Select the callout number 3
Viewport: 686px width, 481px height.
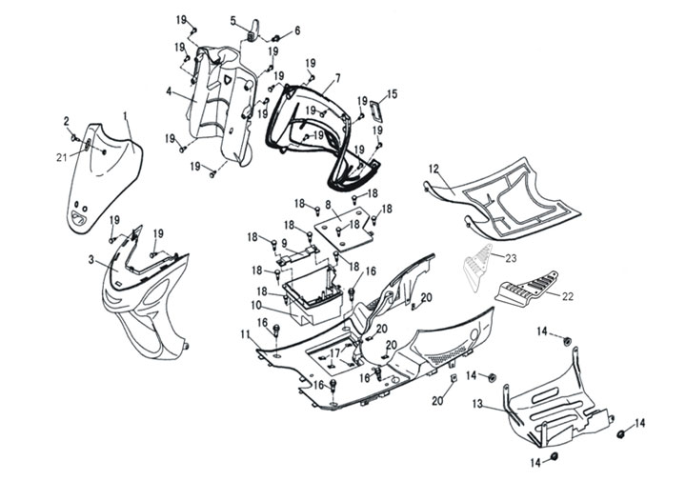(91, 259)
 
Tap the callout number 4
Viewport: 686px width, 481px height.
(169, 92)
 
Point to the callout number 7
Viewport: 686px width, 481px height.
(337, 76)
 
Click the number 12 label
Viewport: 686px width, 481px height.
(434, 169)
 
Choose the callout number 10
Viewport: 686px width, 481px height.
(255, 305)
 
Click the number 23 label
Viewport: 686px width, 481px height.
(511, 257)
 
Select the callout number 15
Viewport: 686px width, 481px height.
(392, 93)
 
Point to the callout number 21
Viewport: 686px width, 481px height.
(62, 157)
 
